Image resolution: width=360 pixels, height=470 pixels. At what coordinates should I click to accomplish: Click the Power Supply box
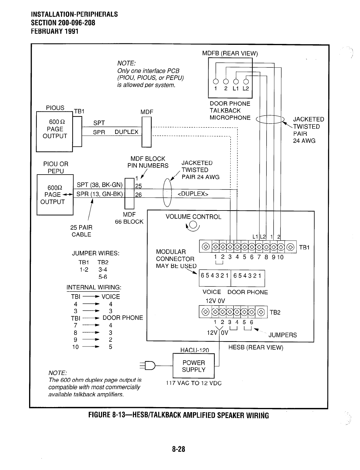[x=194, y=366]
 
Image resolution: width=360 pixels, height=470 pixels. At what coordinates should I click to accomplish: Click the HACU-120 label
[x=195, y=350]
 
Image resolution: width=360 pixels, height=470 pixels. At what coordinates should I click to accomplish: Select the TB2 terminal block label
[x=275, y=312]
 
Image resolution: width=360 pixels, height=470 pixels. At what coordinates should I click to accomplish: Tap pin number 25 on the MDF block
[x=138, y=186]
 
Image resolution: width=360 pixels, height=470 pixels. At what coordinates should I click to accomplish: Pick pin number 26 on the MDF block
[x=138, y=195]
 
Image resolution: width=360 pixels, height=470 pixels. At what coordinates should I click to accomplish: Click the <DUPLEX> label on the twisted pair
[x=193, y=194]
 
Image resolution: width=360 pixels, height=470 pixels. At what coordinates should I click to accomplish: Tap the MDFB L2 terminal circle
[x=246, y=82]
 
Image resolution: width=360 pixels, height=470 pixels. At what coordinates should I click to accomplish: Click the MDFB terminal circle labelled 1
[x=216, y=82]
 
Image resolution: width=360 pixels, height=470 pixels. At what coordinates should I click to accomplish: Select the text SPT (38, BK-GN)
[x=99, y=185]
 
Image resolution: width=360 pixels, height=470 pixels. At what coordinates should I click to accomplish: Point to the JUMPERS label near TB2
[x=282, y=335]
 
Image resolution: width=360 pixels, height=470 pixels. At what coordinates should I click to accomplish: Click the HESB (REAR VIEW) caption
[x=256, y=347]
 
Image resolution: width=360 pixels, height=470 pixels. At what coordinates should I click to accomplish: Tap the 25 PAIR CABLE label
[x=81, y=231]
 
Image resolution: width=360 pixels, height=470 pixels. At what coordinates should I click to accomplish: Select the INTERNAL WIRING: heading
[x=94, y=287]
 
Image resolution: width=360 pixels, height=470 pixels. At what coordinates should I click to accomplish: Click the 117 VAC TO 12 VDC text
[x=194, y=383]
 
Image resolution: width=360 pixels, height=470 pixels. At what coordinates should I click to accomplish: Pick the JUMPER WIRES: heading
[x=96, y=253]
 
